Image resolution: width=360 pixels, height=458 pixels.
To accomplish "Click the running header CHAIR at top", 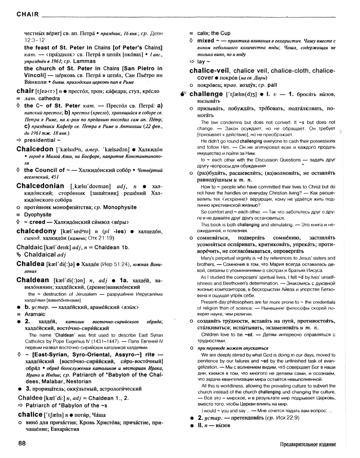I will coord(27,15).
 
